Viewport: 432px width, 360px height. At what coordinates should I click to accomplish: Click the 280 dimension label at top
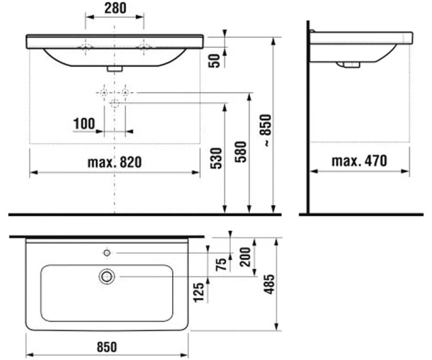click(x=115, y=8)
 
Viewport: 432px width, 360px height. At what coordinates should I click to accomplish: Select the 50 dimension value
click(x=215, y=61)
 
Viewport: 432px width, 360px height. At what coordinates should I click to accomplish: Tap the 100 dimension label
click(x=84, y=124)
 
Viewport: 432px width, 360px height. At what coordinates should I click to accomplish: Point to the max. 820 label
click(x=114, y=162)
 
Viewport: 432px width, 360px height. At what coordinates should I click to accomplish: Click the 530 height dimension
click(x=216, y=158)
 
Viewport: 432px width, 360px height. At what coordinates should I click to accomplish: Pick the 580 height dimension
click(x=240, y=152)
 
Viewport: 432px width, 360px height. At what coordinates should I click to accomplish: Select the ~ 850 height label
click(x=266, y=130)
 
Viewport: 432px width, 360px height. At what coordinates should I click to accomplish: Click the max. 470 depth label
click(x=359, y=161)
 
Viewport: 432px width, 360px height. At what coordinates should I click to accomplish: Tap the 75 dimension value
click(x=221, y=264)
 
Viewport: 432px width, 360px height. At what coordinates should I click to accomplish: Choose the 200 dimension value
click(x=246, y=257)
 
